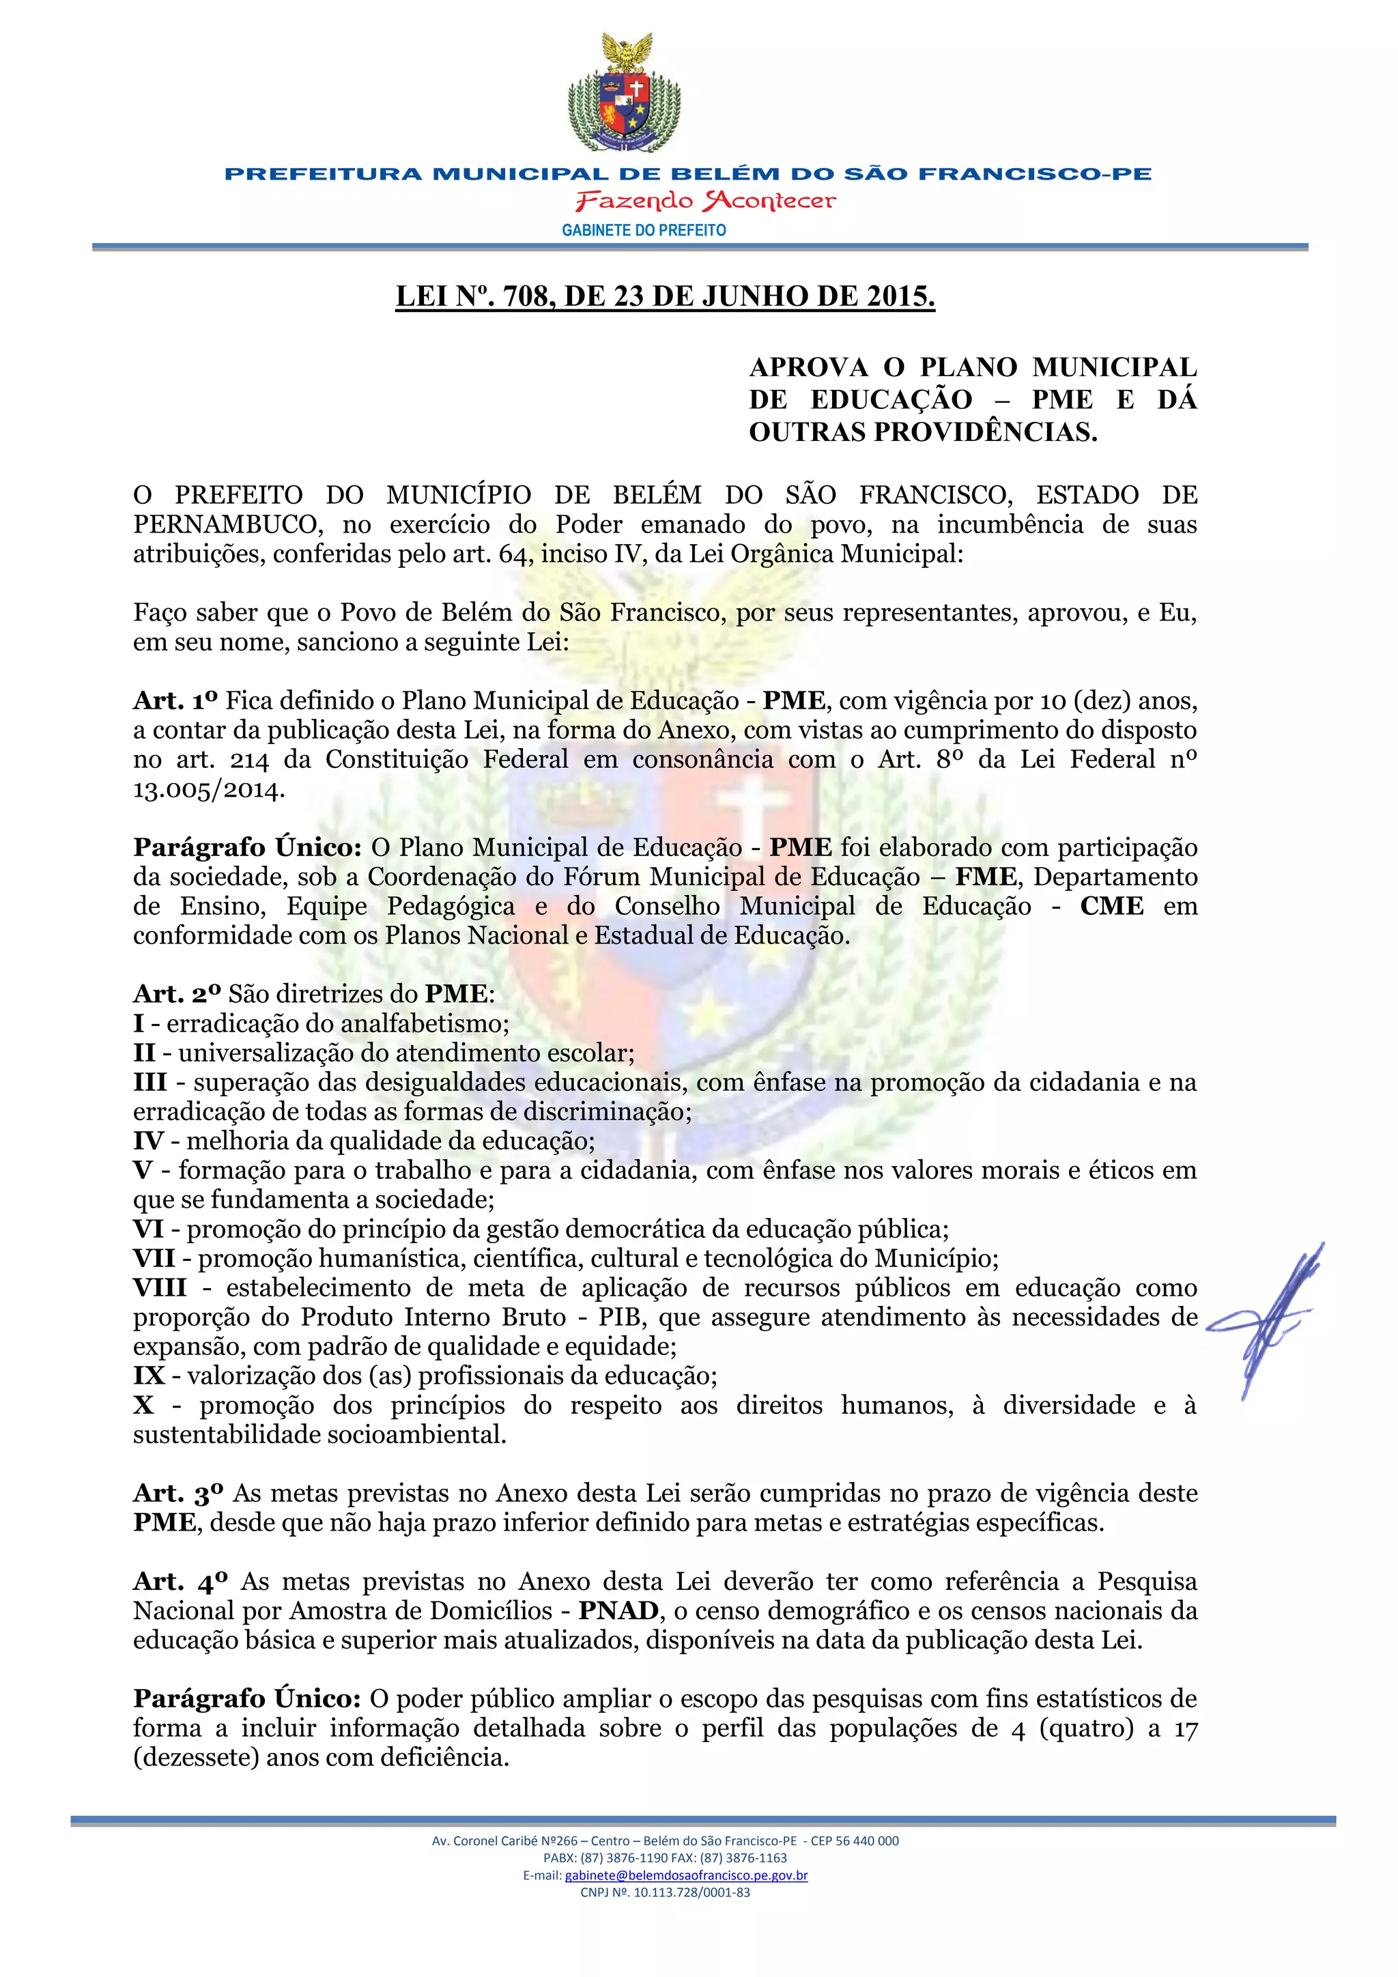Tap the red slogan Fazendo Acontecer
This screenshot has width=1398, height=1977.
point(705,201)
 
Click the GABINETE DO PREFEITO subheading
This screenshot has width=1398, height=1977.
point(644,230)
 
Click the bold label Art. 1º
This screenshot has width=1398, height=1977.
point(175,701)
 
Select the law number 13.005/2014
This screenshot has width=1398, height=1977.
point(208,790)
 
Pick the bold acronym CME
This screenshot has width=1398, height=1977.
point(1111,906)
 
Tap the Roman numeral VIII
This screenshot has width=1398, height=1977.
point(160,1288)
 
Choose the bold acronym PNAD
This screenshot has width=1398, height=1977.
point(618,1611)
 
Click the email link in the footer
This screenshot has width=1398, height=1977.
point(686,1875)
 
